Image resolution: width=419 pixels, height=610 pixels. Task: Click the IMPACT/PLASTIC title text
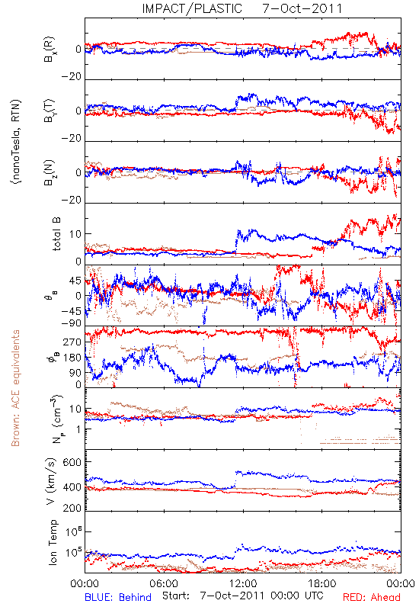[192, 8]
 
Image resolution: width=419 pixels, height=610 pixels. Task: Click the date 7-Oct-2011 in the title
[302, 8]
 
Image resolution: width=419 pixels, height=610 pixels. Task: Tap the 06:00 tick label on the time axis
[164, 583]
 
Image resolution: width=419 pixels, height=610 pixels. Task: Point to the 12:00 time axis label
[243, 583]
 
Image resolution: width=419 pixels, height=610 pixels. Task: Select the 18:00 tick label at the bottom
[322, 583]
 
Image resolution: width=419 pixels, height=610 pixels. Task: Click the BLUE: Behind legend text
[118, 597]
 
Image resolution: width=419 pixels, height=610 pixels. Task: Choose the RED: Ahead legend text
[371, 597]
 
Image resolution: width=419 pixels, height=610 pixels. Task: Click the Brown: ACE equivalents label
[15, 388]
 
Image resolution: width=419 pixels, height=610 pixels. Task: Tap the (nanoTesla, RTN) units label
[16, 142]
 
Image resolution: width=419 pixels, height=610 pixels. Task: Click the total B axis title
[56, 234]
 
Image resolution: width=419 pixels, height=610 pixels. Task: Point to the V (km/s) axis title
[51, 481]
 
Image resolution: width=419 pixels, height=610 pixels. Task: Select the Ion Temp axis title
[53, 542]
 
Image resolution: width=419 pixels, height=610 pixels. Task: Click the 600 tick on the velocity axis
[72, 462]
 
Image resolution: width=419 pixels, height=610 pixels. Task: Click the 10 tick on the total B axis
[75, 234]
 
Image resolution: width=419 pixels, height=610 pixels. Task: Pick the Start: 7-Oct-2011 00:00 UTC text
[242, 596]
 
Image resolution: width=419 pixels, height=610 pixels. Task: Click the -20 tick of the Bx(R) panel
[72, 77]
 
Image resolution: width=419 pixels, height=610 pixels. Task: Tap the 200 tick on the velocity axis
[72, 508]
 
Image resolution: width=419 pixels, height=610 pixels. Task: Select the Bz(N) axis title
[50, 172]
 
